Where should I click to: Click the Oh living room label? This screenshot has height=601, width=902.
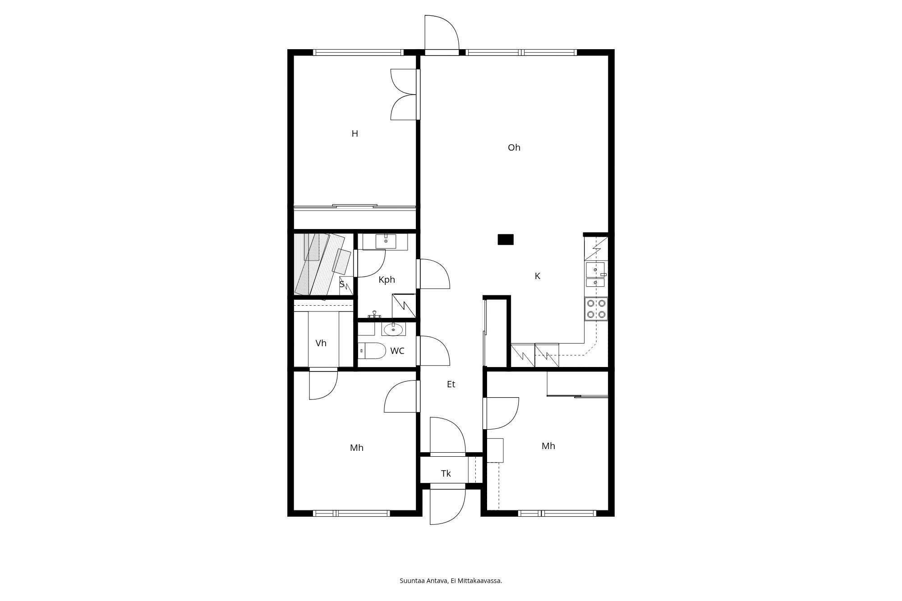pos(514,147)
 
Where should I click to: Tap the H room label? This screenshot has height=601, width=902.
pos(354,133)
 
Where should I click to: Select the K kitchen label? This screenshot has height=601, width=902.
pos(537,276)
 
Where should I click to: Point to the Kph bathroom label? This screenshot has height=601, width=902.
pos(387,280)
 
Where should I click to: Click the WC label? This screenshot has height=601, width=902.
pos(397,351)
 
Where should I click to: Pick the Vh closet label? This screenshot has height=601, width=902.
pos(321,343)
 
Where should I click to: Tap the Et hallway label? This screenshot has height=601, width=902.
pos(451,384)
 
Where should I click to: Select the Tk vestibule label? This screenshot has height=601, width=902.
pos(446,473)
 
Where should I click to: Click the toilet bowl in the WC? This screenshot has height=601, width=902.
pos(373,350)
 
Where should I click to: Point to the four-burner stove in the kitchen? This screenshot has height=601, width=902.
pos(596,309)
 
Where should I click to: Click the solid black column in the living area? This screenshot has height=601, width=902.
pos(506,239)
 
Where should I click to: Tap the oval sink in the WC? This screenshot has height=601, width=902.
pos(393,330)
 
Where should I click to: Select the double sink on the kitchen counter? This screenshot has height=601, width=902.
pos(595,275)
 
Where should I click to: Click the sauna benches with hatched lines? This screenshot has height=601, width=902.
pos(318,264)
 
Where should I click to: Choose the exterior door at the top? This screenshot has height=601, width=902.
pos(442,34)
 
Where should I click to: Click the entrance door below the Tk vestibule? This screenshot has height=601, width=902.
pos(447,505)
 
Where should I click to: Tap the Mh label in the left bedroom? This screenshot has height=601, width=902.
pos(356,448)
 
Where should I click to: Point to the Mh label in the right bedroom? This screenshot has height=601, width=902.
pos(548,446)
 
